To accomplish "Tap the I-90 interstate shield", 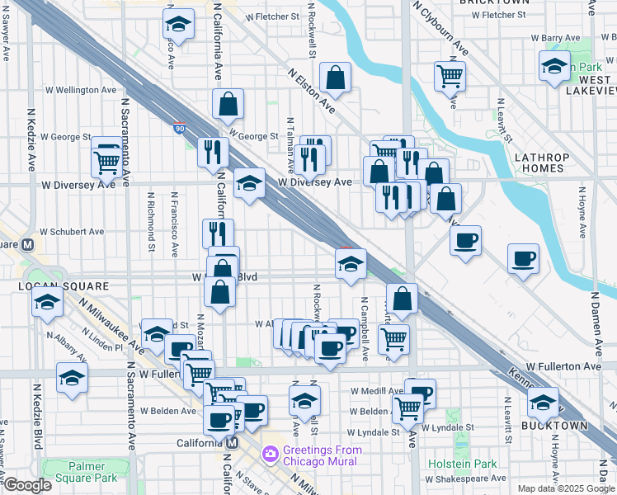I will coord(180,128).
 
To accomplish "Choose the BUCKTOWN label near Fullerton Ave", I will coord(553,426).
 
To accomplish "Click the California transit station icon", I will coord(232,443).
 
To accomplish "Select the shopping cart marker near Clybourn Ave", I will coord(450,76).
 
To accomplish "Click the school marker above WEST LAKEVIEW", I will coord(554,66).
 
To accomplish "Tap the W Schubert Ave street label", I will coord(72,232).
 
